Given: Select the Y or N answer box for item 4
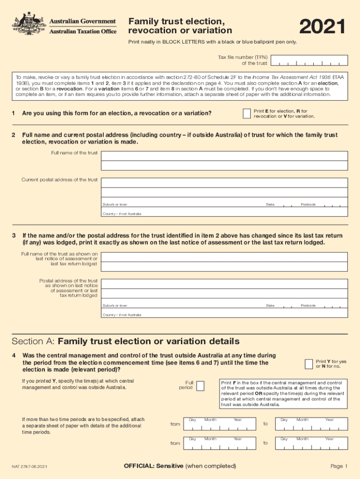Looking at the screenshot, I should [x=309, y=364].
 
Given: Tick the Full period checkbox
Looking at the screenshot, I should [x=200, y=386].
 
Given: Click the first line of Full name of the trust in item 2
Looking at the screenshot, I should [x=224, y=155].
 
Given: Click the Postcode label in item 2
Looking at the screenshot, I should [x=308, y=204].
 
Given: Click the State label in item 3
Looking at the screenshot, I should [x=270, y=305].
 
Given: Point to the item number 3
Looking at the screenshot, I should [x=14, y=236].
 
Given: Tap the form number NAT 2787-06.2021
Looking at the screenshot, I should [x=29, y=466].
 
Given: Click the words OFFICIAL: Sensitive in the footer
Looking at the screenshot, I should [x=153, y=466].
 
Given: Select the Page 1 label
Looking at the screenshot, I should [x=339, y=466].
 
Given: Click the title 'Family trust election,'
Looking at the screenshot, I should [x=173, y=22].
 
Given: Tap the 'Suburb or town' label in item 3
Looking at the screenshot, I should [x=115, y=305].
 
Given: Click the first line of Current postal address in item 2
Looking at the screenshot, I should [x=224, y=182].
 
